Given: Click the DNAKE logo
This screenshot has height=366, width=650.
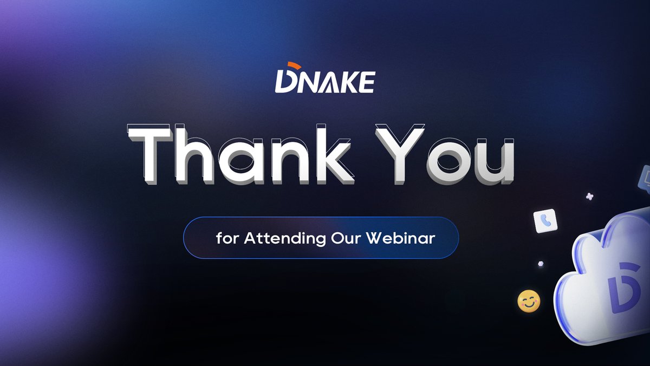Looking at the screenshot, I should coord(324,80).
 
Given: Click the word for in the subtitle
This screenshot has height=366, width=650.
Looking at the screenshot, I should coord(227,238).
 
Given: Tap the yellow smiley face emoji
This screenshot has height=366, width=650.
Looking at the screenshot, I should coord(529,301).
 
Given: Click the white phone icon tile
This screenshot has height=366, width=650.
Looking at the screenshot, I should coord(545,220).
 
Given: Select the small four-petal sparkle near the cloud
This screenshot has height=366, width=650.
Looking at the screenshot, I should coord(590,196).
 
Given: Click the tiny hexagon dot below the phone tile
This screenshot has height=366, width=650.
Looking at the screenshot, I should coord(540,264).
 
